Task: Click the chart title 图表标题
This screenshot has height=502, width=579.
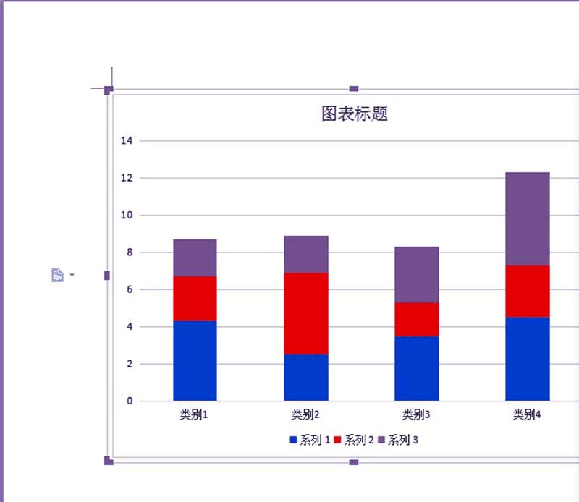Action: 355,114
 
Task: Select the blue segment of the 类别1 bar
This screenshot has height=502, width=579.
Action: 195,360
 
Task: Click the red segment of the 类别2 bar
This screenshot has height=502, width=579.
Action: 305,313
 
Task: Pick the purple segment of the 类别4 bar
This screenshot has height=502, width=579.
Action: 527,218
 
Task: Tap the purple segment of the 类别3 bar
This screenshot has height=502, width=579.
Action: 416,274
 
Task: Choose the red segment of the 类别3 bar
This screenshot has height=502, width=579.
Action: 416,319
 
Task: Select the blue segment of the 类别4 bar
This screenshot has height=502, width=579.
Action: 527,359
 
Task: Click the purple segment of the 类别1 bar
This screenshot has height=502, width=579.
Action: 195,258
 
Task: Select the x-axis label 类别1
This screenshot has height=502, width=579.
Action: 195,415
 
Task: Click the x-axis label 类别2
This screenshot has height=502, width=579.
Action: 305,415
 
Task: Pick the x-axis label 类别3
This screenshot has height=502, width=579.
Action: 416,415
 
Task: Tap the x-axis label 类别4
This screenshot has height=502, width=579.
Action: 527,415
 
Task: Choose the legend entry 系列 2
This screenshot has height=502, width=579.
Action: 354,440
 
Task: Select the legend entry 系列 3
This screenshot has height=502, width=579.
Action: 398,440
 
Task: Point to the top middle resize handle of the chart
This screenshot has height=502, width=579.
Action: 354,89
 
